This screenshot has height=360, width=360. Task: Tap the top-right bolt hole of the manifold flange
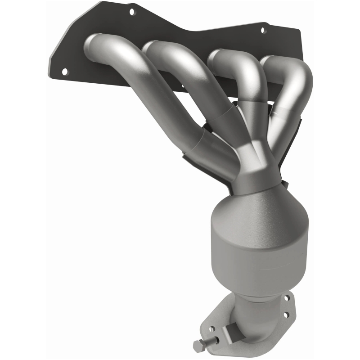pos(263,31)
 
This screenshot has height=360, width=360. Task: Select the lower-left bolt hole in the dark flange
pos(64,71)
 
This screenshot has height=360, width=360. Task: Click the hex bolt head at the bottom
pos(198,346)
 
